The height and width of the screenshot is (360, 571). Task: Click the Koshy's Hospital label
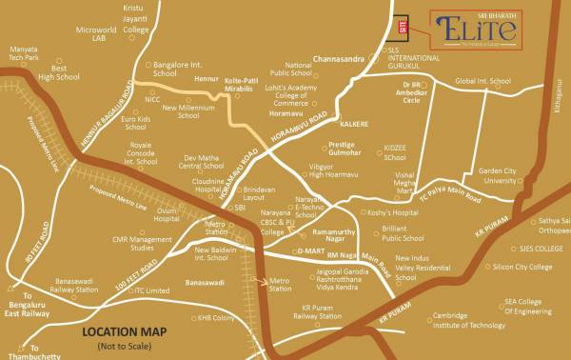[393, 213]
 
